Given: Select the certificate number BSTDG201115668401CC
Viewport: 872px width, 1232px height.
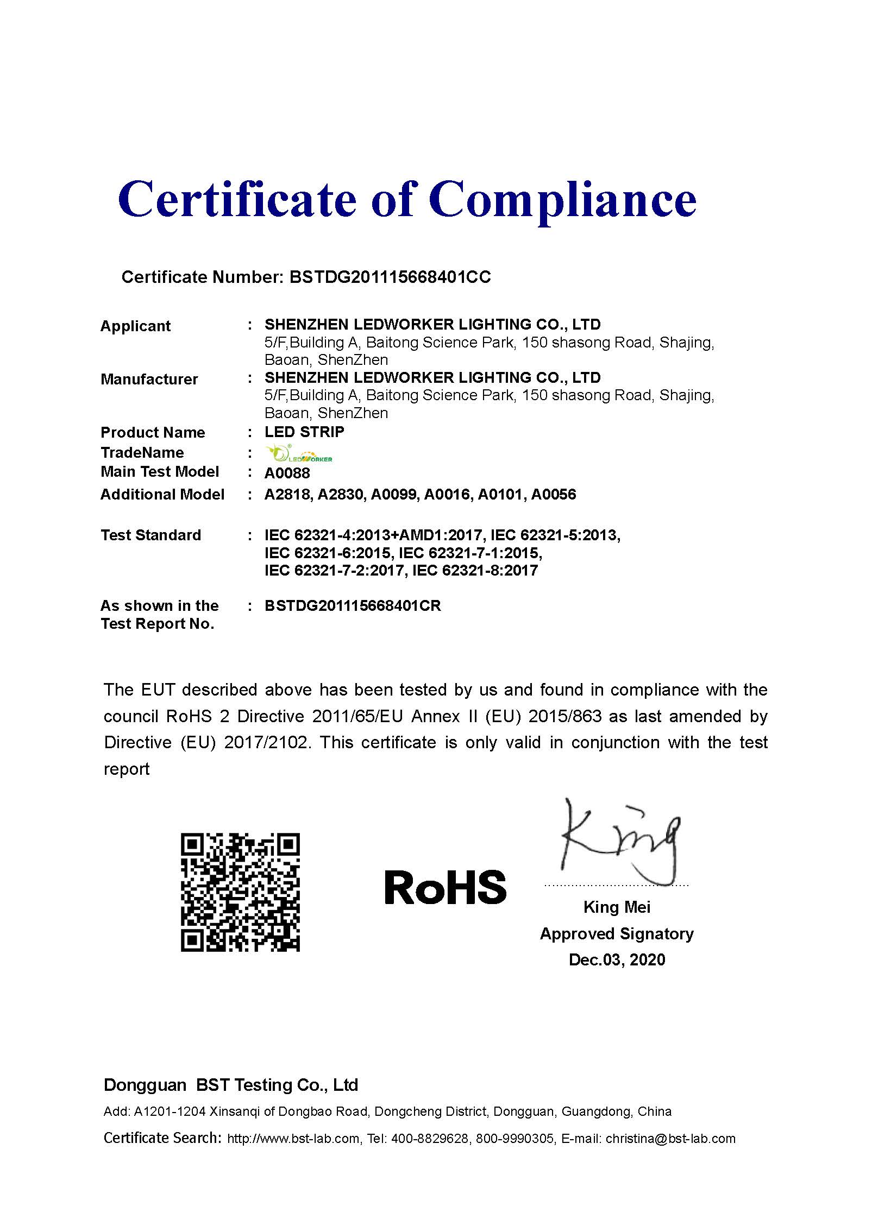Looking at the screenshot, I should (x=390, y=277).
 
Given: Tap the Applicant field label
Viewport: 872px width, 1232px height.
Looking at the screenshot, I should (x=135, y=326).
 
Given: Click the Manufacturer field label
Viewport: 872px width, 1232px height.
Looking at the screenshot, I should (x=149, y=379).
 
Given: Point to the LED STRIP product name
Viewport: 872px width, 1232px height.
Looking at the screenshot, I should (x=304, y=432).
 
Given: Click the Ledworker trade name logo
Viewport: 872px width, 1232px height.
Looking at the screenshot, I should (x=299, y=454).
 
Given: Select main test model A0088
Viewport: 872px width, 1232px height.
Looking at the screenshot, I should (x=287, y=473).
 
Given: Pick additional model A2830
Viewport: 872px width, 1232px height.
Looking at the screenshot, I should (x=341, y=494).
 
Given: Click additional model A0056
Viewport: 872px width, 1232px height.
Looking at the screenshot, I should (x=554, y=494).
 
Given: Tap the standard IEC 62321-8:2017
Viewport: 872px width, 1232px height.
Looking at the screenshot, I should (x=475, y=570).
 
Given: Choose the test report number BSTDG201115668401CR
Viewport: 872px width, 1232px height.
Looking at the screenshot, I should (x=353, y=606).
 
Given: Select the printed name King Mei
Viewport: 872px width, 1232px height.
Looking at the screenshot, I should (x=617, y=907).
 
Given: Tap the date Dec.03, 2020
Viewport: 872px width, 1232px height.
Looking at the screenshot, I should (x=617, y=959).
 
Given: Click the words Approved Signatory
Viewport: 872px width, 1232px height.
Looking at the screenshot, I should (x=617, y=933).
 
